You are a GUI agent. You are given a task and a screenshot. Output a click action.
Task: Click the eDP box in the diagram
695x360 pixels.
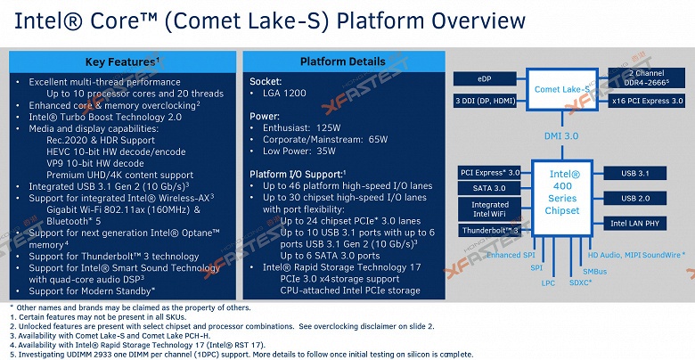click(483, 79)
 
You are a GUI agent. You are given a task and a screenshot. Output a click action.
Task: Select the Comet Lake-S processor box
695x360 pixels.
click(565, 89)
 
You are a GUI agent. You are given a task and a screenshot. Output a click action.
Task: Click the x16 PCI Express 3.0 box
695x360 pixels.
click(645, 101)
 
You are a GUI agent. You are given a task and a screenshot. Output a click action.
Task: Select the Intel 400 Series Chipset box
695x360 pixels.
click(562, 199)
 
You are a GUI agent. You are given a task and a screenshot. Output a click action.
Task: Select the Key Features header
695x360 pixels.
click(122, 61)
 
